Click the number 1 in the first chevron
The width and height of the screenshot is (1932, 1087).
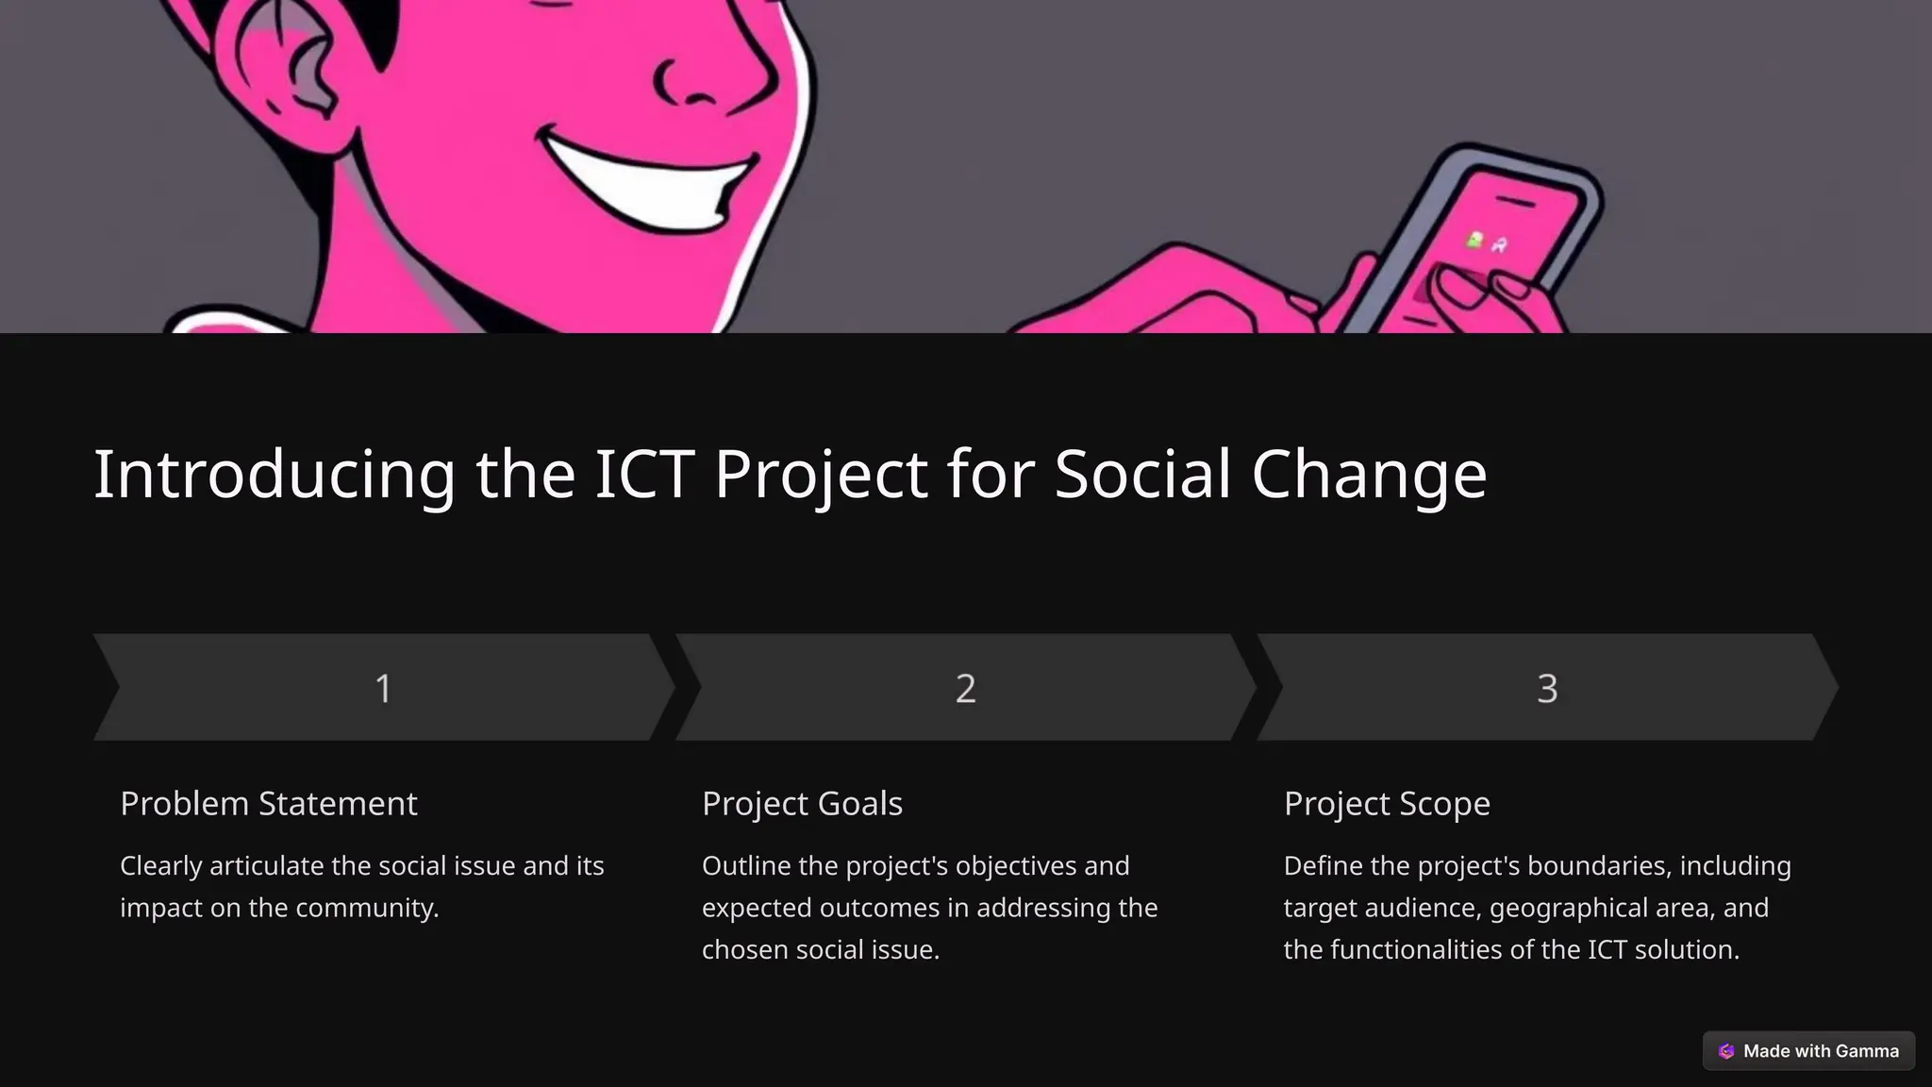pyautogui.click(x=383, y=688)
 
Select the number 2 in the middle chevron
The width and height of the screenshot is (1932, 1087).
pyautogui.click(x=965, y=688)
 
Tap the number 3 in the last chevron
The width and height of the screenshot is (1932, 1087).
pyautogui.click(x=1547, y=688)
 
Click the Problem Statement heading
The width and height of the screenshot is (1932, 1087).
pyautogui.click(x=268, y=803)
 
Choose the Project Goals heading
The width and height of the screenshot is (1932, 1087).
pyautogui.click(x=802, y=803)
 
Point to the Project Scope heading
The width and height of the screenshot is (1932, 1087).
pyautogui.click(x=1387, y=803)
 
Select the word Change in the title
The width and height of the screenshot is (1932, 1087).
pyautogui.click(x=1369, y=474)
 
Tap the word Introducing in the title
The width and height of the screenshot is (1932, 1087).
pyautogui.click(x=275, y=474)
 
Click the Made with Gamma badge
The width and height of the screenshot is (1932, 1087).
pyautogui.click(x=1808, y=1051)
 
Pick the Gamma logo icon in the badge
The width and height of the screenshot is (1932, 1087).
pyautogui.click(x=1726, y=1051)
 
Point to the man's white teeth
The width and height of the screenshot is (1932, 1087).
pyautogui.click(x=651, y=179)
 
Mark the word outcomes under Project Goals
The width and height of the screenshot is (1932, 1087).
pyautogui.click(x=879, y=908)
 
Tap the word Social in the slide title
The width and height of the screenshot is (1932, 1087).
pyautogui.click(x=1142, y=474)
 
